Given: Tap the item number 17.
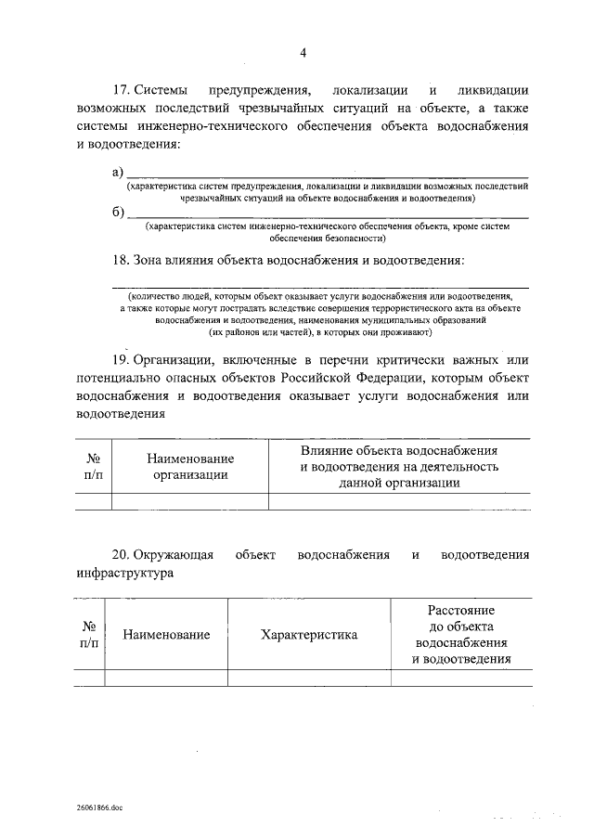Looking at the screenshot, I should tap(120, 90).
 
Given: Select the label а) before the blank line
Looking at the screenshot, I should tap(118, 172).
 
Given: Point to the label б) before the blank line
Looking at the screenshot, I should tap(118, 212).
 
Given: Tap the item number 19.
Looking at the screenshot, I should tap(120, 359).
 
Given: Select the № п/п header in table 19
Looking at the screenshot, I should tap(93, 466).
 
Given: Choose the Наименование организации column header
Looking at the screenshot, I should tap(190, 466).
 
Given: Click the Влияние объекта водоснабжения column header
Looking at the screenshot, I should tap(400, 466).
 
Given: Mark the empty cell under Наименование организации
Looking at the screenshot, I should tap(190, 501).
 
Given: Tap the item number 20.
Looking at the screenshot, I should tap(120, 555).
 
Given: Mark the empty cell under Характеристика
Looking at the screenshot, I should tap(309, 678).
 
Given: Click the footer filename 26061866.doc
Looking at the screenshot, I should tap(100, 808).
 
